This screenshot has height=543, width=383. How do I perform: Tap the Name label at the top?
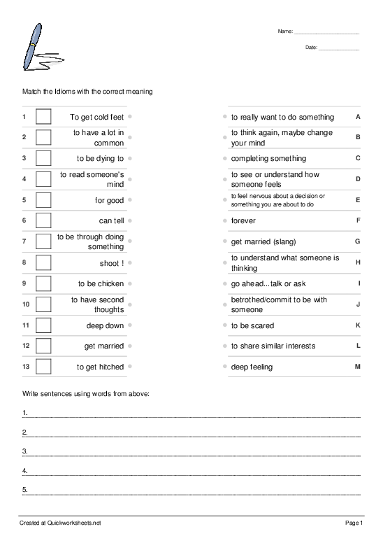pyautogui.click(x=284, y=31)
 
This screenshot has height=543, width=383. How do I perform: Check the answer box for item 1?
pyautogui.click(x=43, y=117)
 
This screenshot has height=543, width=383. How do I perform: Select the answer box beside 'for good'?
pyautogui.click(x=43, y=200)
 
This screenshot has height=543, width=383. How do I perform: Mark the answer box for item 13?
pyautogui.click(x=43, y=367)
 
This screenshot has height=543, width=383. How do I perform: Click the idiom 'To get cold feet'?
pyautogui.click(x=96, y=117)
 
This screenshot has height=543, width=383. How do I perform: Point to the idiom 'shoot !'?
pyautogui.click(x=112, y=263)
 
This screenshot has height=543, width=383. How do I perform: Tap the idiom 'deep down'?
pyautogui.click(x=105, y=325)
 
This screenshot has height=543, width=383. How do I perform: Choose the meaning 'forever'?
pyautogui.click(x=243, y=220)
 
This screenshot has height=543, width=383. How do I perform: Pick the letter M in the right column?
pyautogui.click(x=357, y=367)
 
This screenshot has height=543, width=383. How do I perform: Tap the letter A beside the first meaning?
pyautogui.click(x=358, y=117)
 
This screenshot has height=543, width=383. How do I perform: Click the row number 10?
pyautogui.click(x=26, y=304)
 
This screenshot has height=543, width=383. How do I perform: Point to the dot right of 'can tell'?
pyautogui.click(x=131, y=220)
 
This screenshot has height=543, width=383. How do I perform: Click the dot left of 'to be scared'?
pyautogui.click(x=224, y=325)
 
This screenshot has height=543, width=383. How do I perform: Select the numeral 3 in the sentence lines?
pyautogui.click(x=24, y=450)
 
